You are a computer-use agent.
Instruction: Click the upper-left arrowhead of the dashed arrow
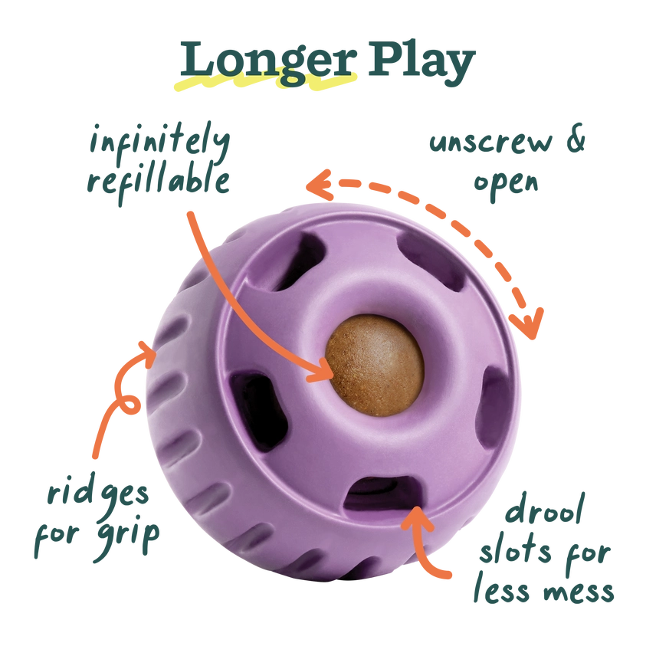coord(314,184)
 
